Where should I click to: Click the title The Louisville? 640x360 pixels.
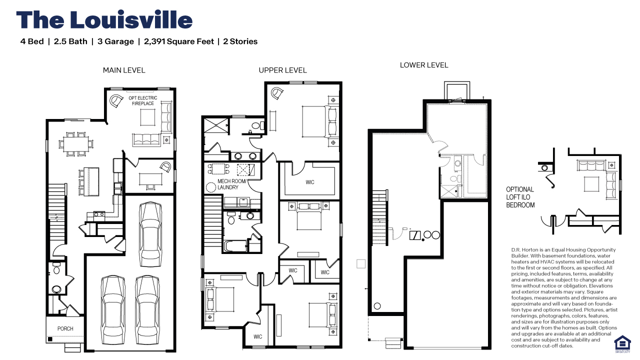pos(104,20)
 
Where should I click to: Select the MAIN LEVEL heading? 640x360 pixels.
pos(124,70)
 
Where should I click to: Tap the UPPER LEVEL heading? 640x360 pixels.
pos(282,70)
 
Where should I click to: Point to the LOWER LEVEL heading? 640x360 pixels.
pos(424,65)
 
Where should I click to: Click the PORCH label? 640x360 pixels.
pos(65,328)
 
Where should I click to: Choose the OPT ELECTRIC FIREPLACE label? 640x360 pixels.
pos(143,100)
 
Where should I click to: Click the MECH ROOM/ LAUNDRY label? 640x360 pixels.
pos(231,184)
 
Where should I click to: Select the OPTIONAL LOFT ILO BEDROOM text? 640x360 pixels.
pos(520,197)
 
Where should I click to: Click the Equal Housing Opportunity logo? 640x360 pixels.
pos(622,342)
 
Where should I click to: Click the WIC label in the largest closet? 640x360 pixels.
pos(310,182)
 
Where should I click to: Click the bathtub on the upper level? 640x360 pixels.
pos(235,246)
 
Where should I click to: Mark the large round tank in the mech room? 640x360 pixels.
pos(212,187)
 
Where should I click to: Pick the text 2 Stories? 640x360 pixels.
pos(240,41)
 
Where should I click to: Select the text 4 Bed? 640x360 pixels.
pos(32,41)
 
